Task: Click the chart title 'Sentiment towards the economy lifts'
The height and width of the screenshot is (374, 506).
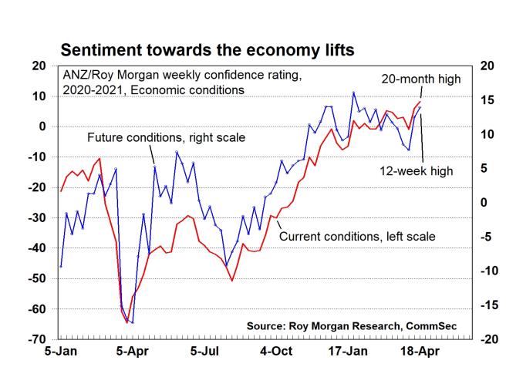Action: tap(207, 51)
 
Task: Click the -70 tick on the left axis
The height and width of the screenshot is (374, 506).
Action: tap(36, 339)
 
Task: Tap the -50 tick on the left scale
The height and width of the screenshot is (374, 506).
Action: tap(36, 278)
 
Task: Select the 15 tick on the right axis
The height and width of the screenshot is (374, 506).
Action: tap(486, 100)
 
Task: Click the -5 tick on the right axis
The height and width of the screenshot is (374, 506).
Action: tap(487, 237)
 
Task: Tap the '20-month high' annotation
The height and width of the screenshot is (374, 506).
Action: tap(421, 79)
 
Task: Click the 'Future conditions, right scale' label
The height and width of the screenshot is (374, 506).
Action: tap(166, 139)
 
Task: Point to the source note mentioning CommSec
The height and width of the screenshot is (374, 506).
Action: tap(351, 326)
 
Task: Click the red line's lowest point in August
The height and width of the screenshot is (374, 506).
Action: tap(232, 280)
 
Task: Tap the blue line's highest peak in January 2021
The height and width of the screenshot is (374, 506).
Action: tap(353, 93)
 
